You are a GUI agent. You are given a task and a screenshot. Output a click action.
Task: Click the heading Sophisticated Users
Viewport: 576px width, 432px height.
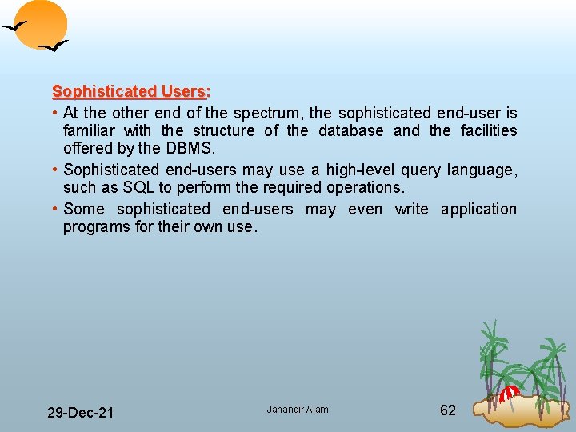(x=130, y=91)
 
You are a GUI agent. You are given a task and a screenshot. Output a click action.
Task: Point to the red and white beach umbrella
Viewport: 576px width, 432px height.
(x=510, y=393)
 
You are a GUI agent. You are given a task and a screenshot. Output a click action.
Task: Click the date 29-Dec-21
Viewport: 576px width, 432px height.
(x=80, y=412)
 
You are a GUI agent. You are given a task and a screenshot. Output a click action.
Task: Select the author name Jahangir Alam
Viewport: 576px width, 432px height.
(x=298, y=410)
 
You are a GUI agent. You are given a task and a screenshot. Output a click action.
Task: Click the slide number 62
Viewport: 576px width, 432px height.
(x=448, y=410)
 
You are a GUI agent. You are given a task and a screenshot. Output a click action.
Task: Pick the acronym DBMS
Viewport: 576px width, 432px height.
(x=190, y=148)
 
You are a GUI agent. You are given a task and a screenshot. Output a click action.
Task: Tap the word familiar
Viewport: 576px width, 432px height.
(x=88, y=130)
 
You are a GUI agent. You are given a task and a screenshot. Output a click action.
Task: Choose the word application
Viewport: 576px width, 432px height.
(x=479, y=209)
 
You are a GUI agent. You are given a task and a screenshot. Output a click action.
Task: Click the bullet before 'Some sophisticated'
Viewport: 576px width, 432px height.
(x=55, y=209)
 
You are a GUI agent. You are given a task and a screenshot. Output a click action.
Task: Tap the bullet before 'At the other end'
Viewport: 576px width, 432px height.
(x=55, y=113)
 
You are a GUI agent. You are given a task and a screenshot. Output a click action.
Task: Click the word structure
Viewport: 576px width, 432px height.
(x=224, y=130)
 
